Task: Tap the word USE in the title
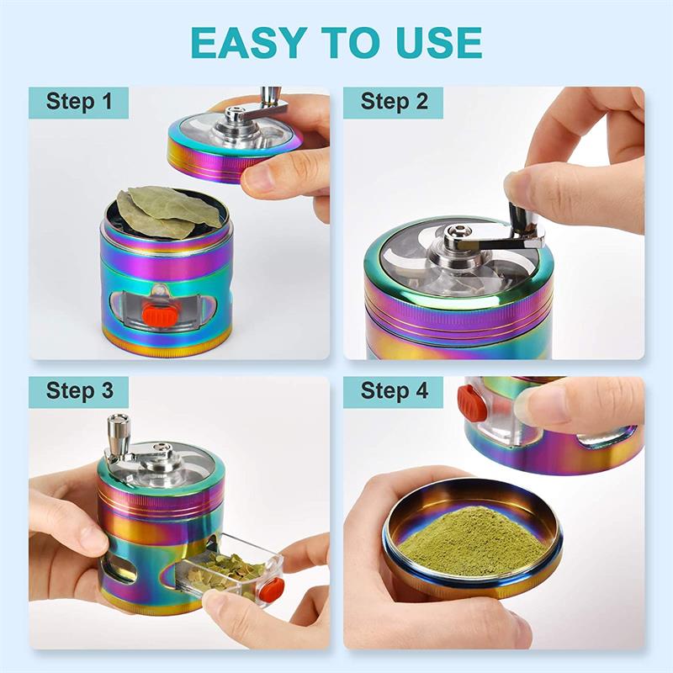coord(437,42)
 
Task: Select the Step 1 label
coord(78,102)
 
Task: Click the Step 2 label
coord(394,102)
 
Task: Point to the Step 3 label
coord(79,391)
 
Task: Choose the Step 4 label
coord(394,391)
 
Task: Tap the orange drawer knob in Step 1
coord(160,315)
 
